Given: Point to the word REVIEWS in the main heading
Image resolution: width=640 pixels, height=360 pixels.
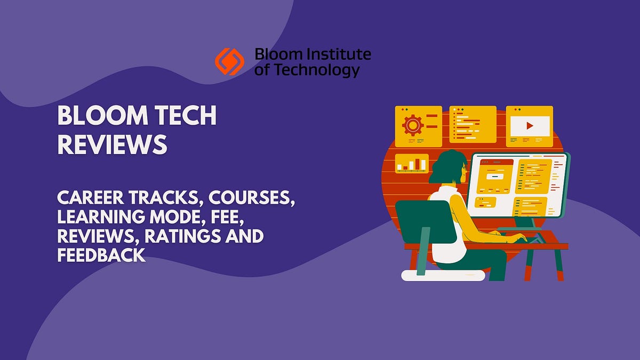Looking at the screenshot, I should click(x=112, y=145).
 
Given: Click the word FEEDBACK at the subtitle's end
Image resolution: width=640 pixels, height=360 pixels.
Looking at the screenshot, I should click(x=101, y=255).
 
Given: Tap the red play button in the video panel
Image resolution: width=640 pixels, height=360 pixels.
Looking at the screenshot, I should click(x=529, y=126).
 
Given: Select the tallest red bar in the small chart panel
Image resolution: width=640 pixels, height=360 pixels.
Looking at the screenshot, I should click(x=418, y=163).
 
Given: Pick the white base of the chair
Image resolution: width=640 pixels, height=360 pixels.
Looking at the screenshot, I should click(x=443, y=275).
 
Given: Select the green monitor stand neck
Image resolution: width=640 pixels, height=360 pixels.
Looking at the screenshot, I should click(x=534, y=223).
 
